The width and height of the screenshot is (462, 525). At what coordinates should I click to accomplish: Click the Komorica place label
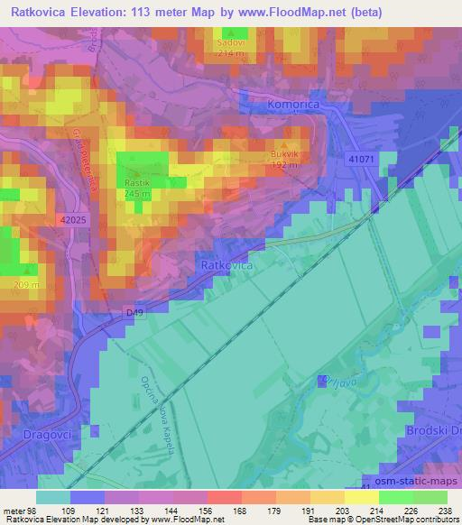pos(295,106)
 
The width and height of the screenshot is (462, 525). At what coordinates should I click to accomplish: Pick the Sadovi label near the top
pos(231,42)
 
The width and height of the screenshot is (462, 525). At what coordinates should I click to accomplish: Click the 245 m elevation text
pos(138,194)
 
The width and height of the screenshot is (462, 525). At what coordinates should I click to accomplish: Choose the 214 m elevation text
pos(231,53)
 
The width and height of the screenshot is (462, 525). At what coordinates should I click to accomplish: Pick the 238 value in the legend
pos(446,510)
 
